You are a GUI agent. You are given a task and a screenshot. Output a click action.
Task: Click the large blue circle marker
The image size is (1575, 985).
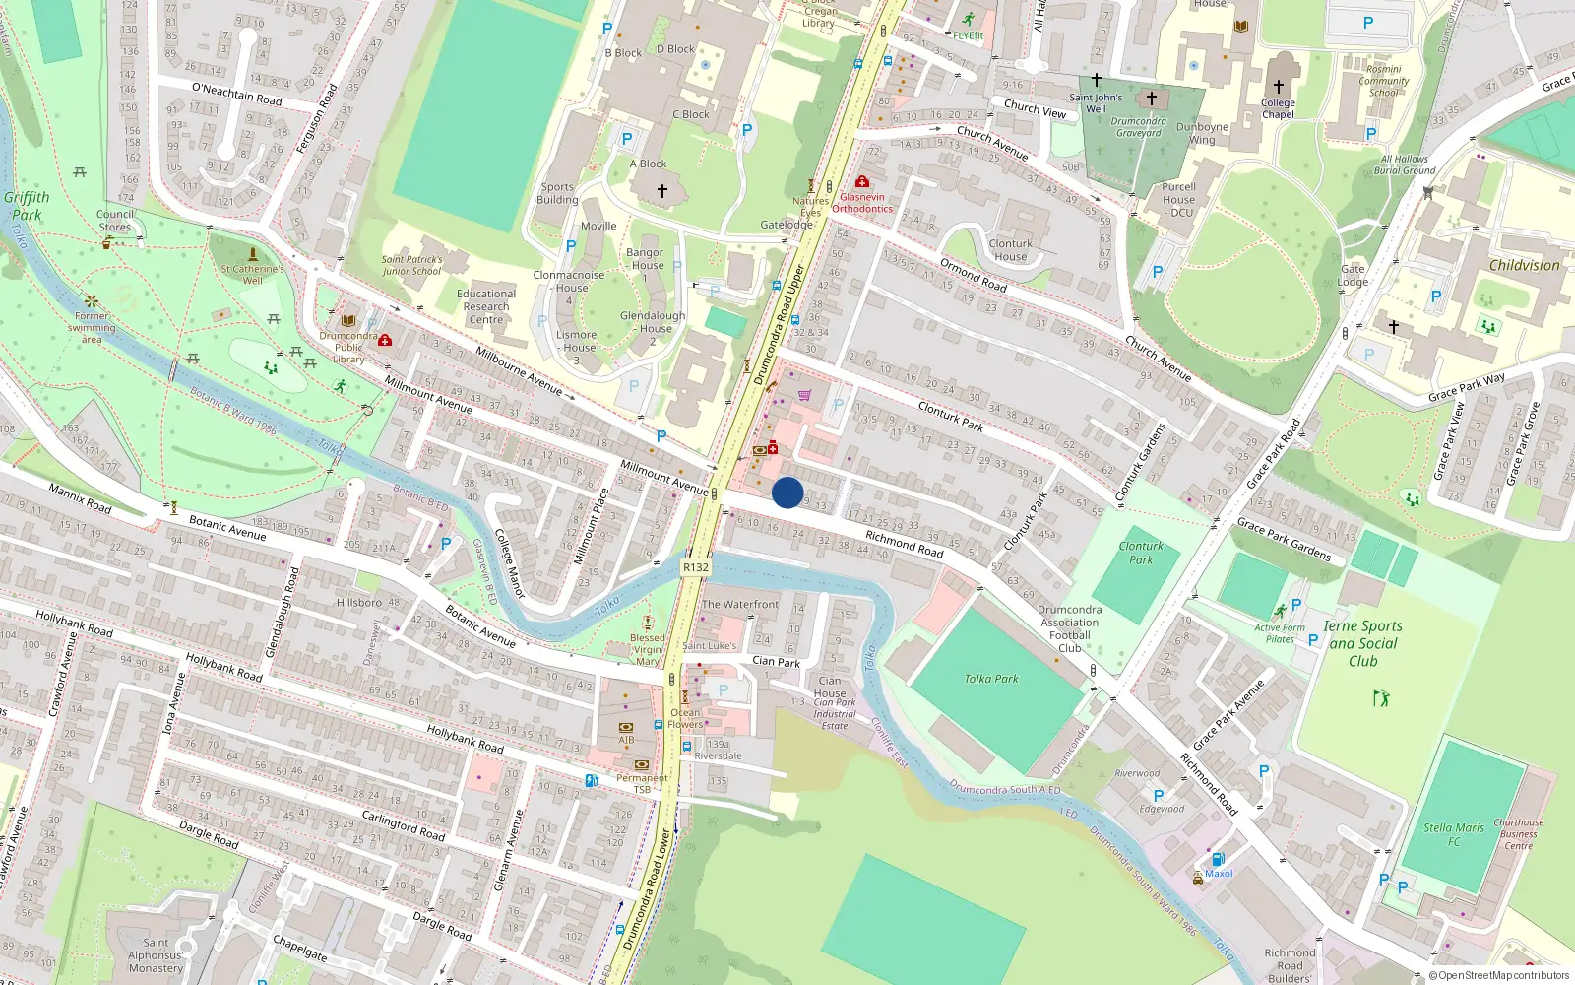click(787, 492)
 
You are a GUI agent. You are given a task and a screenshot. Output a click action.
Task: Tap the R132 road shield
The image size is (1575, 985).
click(695, 567)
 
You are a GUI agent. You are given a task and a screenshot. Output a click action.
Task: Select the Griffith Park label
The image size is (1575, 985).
click(27, 206)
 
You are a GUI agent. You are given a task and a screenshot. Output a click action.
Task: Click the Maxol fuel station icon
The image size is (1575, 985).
click(1218, 859)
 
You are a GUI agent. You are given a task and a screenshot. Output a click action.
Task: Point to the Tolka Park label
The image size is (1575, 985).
click(991, 679)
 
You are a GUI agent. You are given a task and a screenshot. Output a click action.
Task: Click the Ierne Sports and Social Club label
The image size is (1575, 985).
click(1362, 643)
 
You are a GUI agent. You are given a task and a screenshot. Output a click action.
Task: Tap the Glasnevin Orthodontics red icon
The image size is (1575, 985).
click(862, 182)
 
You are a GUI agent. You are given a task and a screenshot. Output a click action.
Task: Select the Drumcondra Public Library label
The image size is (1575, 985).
click(348, 347)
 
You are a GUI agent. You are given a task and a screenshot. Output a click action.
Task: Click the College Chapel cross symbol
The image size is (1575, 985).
click(1278, 87)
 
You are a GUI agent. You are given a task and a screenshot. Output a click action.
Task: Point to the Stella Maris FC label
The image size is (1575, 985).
click(1454, 834)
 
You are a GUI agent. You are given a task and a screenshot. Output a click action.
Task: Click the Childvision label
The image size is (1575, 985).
click(1524, 265)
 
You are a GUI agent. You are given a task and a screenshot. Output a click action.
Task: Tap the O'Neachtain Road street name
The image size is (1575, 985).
click(237, 95)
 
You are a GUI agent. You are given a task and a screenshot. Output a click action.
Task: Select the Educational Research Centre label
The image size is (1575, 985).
click(486, 306)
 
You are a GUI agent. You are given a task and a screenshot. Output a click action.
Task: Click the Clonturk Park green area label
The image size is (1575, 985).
click(1141, 553)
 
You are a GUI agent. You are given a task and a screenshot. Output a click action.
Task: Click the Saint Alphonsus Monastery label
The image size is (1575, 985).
click(156, 955)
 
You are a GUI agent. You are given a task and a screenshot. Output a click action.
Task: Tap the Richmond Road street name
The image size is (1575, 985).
click(904, 544)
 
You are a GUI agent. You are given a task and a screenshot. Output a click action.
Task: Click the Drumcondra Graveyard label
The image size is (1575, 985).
click(1139, 127)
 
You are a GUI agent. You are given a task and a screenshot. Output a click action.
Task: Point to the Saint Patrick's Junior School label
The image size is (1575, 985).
click(412, 265)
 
